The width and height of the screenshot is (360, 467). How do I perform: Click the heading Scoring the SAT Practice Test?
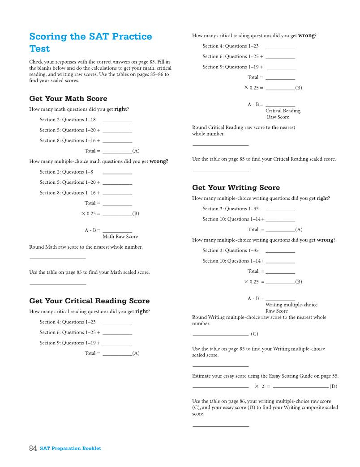point(90,42)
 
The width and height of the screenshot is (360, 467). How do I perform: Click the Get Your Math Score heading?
point(68,98)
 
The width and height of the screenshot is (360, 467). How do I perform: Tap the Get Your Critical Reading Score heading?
point(89,301)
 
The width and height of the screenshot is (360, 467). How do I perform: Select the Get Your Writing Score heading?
point(236,188)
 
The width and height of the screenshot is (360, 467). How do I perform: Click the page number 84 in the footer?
point(33,448)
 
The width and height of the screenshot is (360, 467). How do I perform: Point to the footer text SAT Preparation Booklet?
point(70,448)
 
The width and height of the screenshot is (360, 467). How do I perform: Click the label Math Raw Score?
point(120,237)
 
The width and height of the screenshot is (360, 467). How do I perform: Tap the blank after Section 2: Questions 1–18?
point(117,121)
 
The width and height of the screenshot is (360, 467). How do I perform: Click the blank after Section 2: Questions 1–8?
point(117,173)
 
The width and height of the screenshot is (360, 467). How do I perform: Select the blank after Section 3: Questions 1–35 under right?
point(280,210)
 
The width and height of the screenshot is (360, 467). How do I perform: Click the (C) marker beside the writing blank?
point(254,334)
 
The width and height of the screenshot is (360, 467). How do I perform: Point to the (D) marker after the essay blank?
point(334,386)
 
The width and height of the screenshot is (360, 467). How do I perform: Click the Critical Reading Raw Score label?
point(283,114)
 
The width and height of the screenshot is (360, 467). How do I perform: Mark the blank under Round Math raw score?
point(57,258)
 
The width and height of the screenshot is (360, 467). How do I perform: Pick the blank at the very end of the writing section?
point(220,425)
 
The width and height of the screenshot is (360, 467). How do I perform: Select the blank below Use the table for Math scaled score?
point(57,283)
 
